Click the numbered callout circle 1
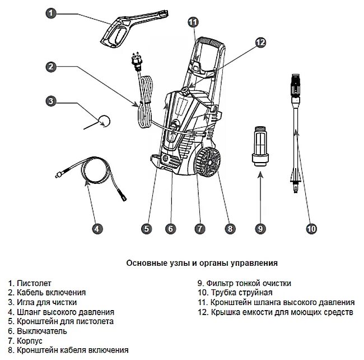[x=51, y=13]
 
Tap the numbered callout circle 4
[x=97, y=228]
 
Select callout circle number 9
[x=260, y=228]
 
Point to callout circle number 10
[x=312, y=228]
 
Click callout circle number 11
[x=193, y=22]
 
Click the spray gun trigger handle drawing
[x=132, y=31]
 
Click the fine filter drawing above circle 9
[x=260, y=145]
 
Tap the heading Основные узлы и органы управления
[x=202, y=262]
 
